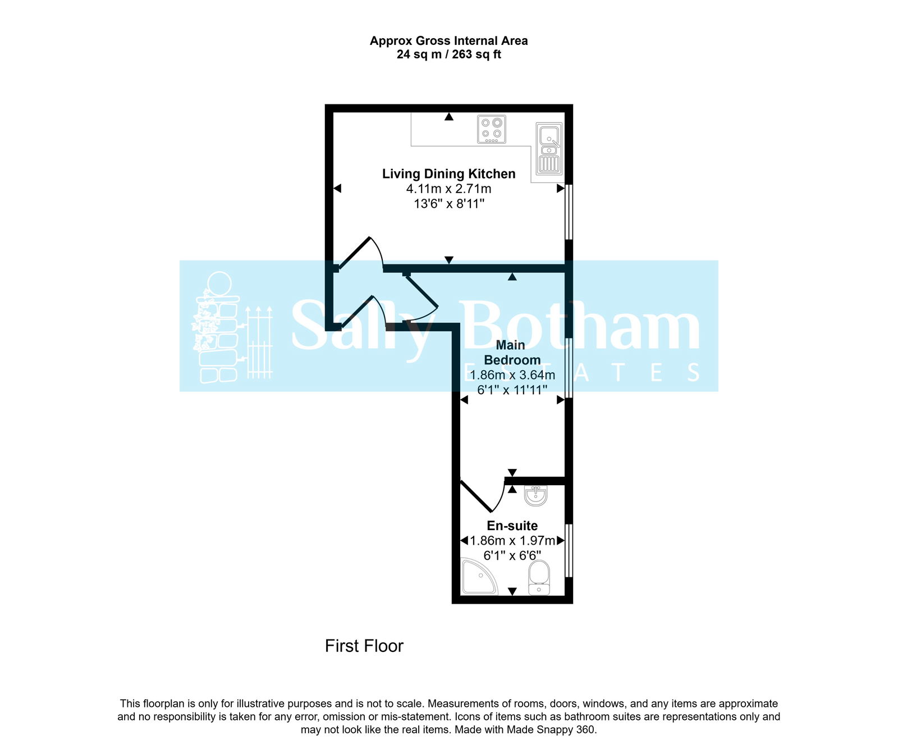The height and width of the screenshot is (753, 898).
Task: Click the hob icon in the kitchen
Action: point(492,129)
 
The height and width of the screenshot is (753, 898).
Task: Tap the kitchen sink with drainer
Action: point(548,149)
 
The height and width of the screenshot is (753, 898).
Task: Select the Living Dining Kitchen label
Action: point(448,174)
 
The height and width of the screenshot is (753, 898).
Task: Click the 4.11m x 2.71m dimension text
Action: point(448,189)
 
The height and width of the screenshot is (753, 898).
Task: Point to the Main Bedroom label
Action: point(512,353)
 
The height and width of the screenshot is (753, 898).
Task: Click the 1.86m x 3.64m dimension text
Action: point(512,375)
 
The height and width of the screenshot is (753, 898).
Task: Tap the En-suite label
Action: point(512,526)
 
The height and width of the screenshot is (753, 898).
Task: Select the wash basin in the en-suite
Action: point(535,495)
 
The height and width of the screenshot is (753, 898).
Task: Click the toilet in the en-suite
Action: point(539,578)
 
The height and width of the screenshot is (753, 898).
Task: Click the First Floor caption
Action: point(364,646)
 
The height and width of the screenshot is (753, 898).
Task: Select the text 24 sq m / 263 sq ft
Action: point(448,54)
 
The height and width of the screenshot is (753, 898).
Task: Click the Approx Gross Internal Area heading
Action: point(448,40)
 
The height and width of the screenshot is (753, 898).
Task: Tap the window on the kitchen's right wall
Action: point(569,212)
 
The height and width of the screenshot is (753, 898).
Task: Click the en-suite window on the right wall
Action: point(569,550)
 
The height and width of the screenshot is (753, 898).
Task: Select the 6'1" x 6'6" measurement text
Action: point(512,555)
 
